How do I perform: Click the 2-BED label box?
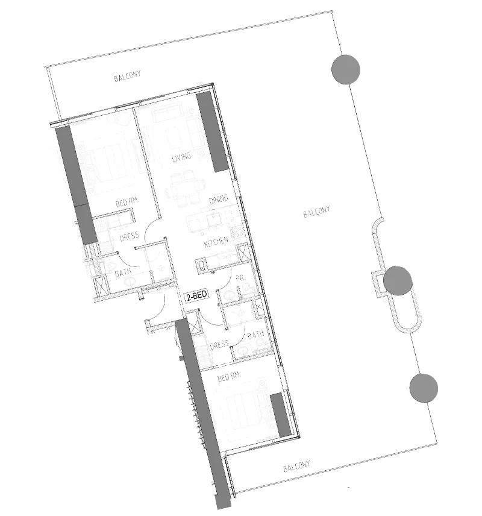coord(196,296)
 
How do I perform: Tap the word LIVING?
coord(181,157)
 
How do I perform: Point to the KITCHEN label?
coord(216,242)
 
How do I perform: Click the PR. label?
coord(240,278)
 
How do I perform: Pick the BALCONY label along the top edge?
coord(127,78)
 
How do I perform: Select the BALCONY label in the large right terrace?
coord(316,212)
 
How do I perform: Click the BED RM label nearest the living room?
coord(128,204)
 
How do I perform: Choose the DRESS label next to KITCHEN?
coord(129,237)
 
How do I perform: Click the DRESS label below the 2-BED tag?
coord(220,344)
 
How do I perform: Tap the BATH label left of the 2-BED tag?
coord(123,273)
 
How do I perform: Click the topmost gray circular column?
coord(346,69)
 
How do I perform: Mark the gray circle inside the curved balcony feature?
coord(397,280)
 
